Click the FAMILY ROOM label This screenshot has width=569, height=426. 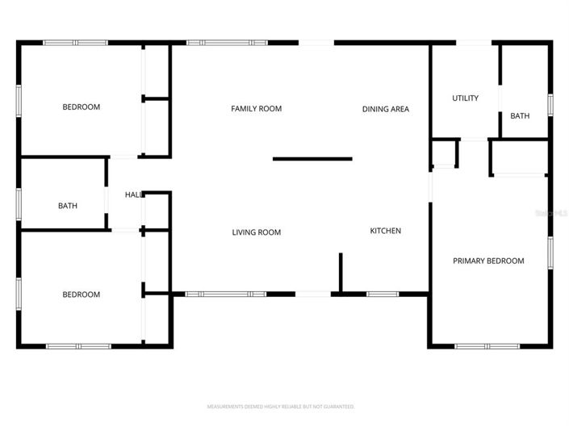click(x=256, y=109)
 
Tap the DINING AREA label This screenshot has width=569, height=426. click(x=385, y=109)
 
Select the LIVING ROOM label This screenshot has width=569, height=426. click(x=256, y=232)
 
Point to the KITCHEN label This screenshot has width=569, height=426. click(x=385, y=231)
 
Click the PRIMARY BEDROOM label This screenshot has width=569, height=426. click(x=487, y=261)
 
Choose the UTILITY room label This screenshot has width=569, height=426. click(x=465, y=98)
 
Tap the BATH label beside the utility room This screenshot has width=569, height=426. click(x=520, y=116)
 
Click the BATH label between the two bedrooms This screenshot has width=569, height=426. click(x=68, y=206)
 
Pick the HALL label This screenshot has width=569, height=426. click(x=134, y=194)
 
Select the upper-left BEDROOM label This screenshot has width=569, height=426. click(x=82, y=107)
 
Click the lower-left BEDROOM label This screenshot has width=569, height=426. click(x=82, y=294)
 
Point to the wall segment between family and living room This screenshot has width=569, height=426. click(x=312, y=159)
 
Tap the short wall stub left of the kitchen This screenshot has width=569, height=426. click(x=341, y=272)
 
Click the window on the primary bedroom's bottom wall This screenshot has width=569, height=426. click(x=487, y=346)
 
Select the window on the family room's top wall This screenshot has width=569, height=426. click(x=227, y=42)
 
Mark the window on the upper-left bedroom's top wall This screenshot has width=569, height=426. click(x=75, y=42)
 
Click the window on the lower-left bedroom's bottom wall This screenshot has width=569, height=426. click(x=78, y=346)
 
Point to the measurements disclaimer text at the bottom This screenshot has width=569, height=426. click(x=281, y=407)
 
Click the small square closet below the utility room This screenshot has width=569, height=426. click(x=445, y=152)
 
